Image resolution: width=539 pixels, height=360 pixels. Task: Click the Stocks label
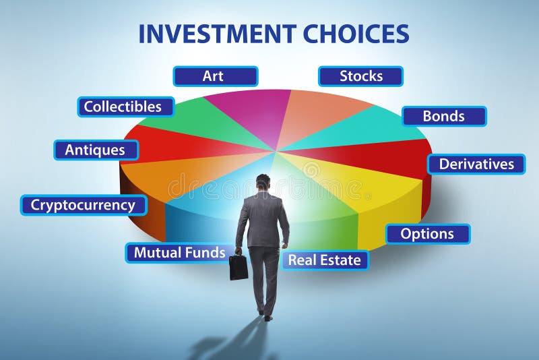click(x=360, y=76)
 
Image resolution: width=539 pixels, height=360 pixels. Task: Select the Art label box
click(x=215, y=76)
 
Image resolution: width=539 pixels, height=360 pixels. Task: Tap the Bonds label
click(x=444, y=116)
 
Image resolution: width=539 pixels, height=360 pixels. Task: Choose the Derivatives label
click(x=476, y=164)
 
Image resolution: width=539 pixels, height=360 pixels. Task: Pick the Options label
click(x=427, y=234)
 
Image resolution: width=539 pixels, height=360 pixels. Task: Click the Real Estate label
click(x=325, y=260)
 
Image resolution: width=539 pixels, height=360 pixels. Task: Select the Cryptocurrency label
click(x=84, y=205)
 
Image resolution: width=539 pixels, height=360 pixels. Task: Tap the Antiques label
click(x=96, y=150)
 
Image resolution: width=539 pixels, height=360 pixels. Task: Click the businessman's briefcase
click(x=238, y=267)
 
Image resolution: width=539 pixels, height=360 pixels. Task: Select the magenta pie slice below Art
click(x=253, y=111)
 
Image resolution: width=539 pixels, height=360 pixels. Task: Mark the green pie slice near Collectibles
click(x=195, y=121)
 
